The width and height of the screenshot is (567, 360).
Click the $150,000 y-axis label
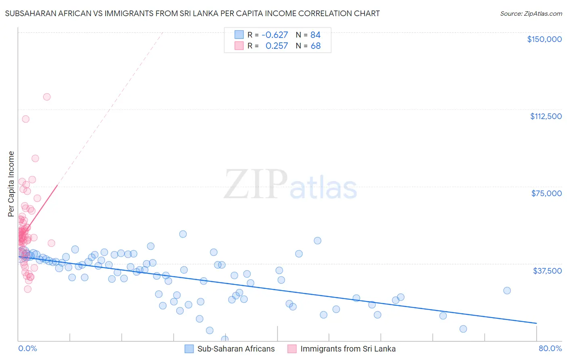[x=544, y=39]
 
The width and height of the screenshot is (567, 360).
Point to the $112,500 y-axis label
[x=546, y=116]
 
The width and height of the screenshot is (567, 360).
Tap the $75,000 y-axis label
[x=546, y=193]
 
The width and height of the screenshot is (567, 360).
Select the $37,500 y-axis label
[x=547, y=271]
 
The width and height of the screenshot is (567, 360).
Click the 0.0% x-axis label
[x=27, y=348]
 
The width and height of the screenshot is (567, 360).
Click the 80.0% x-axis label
[x=550, y=348]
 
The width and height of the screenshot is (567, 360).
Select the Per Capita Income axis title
[x=11, y=184]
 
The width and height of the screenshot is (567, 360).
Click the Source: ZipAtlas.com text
[x=531, y=14]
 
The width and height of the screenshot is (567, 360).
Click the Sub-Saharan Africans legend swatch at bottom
[x=189, y=349]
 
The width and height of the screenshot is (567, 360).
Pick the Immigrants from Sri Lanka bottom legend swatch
[x=292, y=349]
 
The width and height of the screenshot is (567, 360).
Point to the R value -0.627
[x=275, y=35]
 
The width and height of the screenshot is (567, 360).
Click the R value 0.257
[x=277, y=46]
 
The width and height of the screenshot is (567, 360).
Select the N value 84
[x=315, y=35]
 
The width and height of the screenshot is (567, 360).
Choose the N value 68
[x=315, y=46]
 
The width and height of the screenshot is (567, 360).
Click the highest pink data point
[x=47, y=97]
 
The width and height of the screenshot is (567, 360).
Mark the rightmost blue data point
[x=507, y=291]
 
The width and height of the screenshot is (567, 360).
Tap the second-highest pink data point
[x=26, y=119]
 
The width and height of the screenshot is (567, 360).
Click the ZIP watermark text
[x=256, y=184]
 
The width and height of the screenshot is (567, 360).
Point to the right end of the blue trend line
[x=536, y=323]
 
